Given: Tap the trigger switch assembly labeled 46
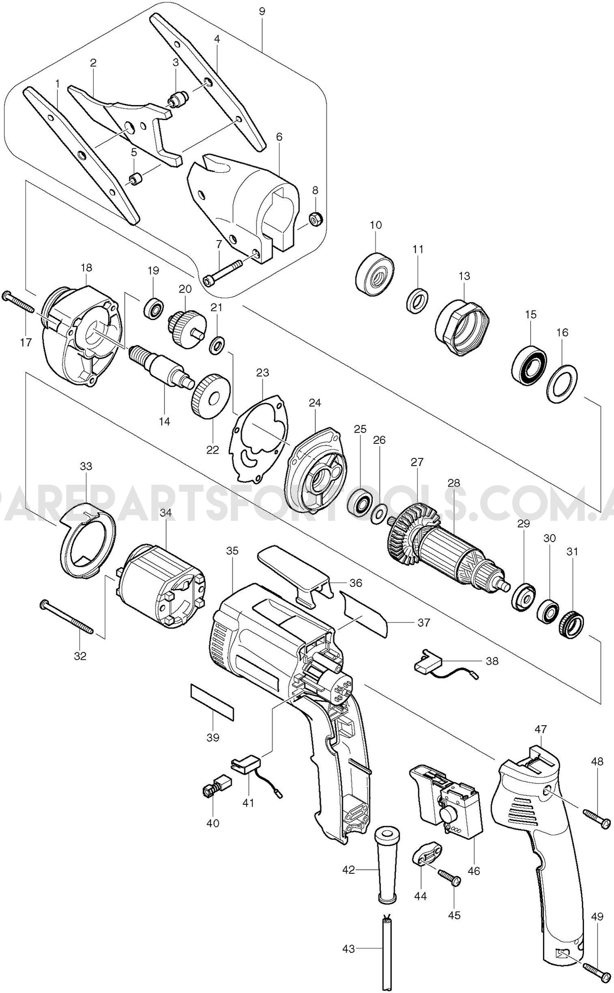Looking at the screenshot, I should [x=446, y=799].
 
